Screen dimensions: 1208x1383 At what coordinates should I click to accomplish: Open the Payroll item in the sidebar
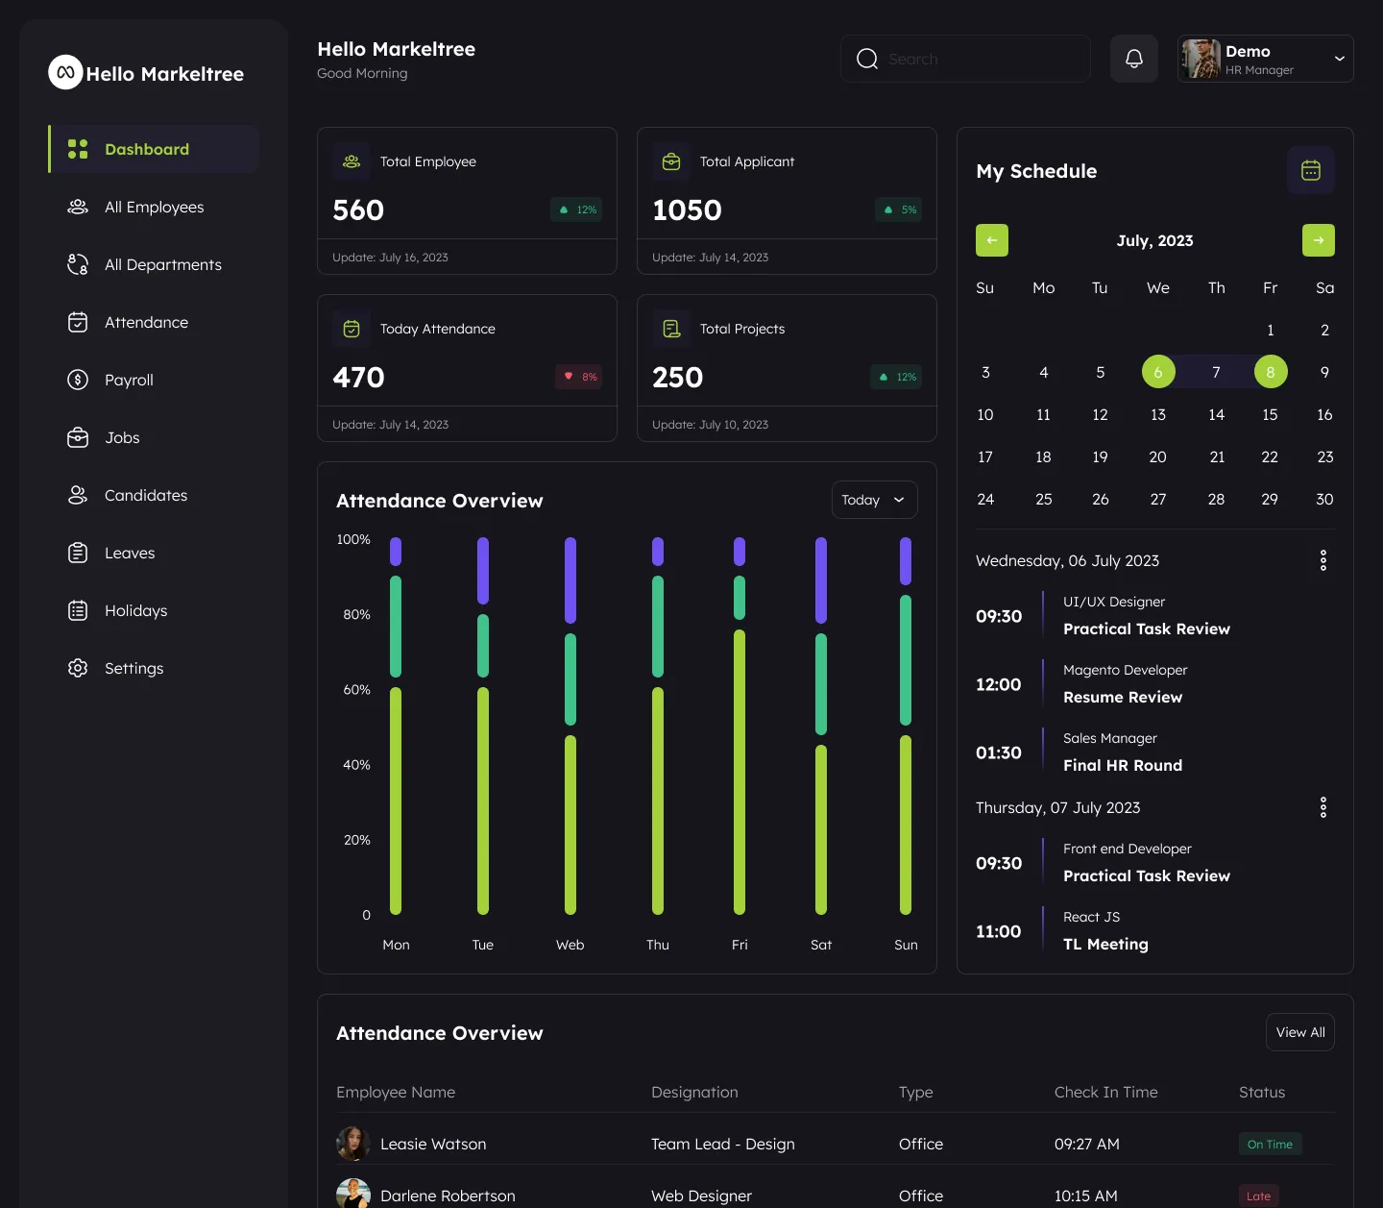[129, 380]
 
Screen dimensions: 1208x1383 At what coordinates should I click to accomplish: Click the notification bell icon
[1133, 59]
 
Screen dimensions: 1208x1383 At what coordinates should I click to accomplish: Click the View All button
[1299, 1032]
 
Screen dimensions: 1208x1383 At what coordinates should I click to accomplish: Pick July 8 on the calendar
[1270, 372]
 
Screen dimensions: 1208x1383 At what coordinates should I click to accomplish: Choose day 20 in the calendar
[1157, 456]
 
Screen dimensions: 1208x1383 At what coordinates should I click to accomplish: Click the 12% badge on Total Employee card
[576, 210]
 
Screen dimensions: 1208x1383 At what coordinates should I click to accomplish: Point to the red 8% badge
[578, 377]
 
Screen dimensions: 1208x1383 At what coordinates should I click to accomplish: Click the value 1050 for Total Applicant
[687, 210]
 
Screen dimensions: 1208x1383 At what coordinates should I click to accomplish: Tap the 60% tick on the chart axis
[356, 689]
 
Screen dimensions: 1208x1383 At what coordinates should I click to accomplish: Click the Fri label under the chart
[740, 945]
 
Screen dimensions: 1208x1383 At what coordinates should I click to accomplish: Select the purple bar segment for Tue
[483, 570]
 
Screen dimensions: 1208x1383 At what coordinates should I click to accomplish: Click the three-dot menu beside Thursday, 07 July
[1322, 807]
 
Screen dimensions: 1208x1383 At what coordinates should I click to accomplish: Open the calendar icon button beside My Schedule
[1310, 170]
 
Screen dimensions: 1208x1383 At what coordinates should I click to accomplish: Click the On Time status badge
[1270, 1144]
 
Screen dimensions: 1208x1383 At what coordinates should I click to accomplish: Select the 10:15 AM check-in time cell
[1085, 1196]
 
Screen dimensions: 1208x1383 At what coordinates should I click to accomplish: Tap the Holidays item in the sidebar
[135, 610]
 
